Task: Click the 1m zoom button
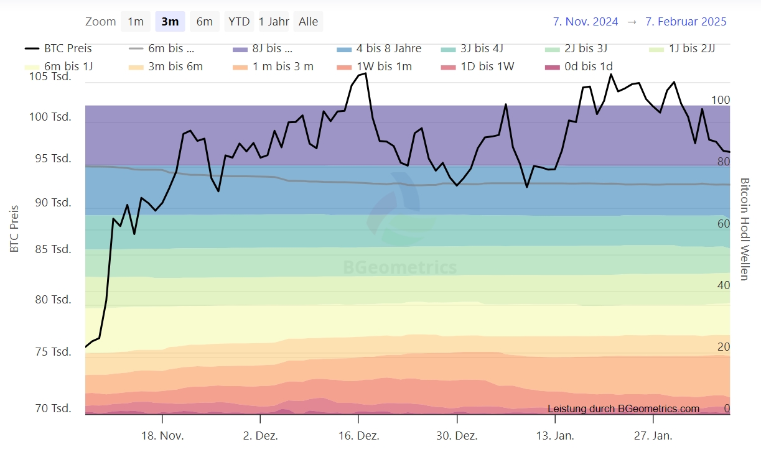pos(136,22)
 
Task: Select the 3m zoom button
pos(170,22)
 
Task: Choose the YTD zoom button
pos(239,22)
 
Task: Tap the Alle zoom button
pos(308,22)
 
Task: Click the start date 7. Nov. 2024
pos(586,22)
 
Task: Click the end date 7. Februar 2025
pos(686,22)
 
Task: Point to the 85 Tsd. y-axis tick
pos(53,249)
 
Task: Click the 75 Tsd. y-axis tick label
pos(53,352)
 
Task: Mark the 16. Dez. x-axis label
pos(358,436)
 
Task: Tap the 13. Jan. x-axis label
pos(555,436)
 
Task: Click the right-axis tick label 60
pos(724,224)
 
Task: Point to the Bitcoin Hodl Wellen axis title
pos(745,229)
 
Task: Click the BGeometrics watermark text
pos(400,268)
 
